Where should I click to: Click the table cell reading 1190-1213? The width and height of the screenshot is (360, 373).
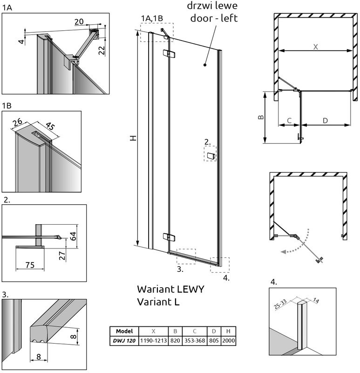coord(154,341)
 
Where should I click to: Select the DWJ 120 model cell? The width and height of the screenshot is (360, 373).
coord(124,341)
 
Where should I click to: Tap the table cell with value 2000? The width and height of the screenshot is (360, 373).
coord(228,341)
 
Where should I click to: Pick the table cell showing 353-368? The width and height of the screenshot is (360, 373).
coord(195,341)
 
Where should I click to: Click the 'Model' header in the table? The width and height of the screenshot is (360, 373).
coord(124,331)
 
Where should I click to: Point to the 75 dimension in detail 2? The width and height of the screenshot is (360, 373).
coord(30,265)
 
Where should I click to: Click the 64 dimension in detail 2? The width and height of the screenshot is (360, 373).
coord(73,236)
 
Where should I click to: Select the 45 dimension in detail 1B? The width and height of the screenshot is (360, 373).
coord(50,126)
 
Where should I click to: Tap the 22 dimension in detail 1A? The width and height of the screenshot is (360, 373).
coord(102,50)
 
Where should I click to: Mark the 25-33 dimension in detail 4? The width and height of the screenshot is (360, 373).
coord(280,304)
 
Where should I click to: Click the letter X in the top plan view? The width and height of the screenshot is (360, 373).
coord(316,47)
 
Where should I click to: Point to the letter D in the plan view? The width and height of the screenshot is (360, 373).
coord(325,121)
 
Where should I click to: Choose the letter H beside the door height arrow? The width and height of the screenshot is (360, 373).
coord(134,138)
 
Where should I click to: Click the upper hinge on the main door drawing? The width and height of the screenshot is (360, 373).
coord(169,54)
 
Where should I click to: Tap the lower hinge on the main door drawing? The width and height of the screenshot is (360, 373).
coord(169,237)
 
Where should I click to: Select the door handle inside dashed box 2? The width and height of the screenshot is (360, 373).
coord(211,156)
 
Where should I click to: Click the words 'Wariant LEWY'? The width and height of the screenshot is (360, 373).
coord(170,289)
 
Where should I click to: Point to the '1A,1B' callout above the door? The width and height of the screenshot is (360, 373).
coord(152,18)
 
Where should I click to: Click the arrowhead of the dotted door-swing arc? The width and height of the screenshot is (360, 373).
coord(283,252)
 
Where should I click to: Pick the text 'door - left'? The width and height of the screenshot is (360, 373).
coord(214,18)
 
